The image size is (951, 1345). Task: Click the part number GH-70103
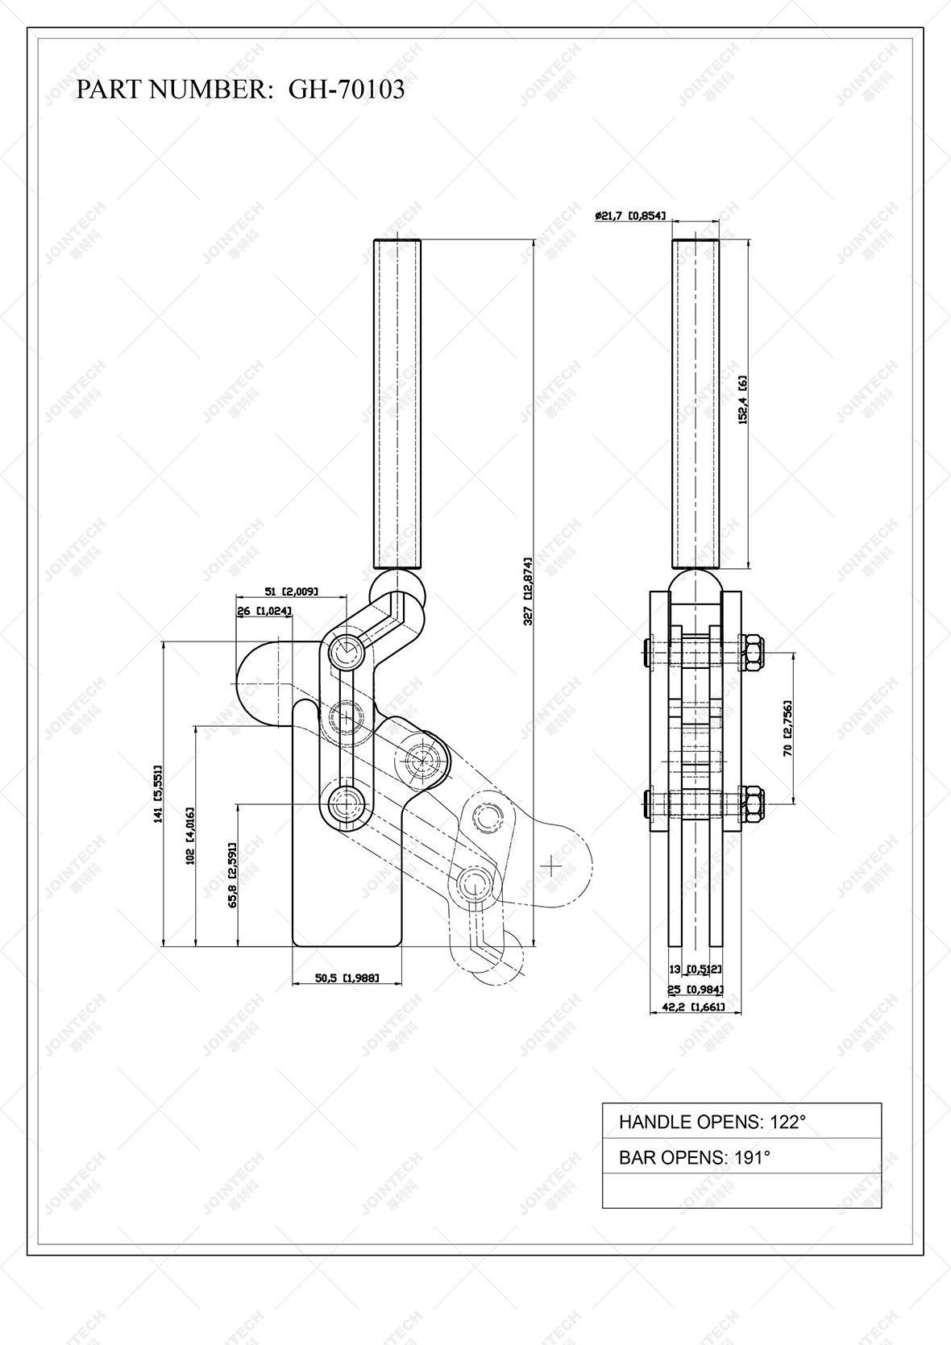pyautogui.click(x=347, y=89)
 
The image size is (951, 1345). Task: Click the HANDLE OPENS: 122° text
pyautogui.click(x=712, y=1122)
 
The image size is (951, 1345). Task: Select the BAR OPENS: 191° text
pyautogui.click(x=694, y=1158)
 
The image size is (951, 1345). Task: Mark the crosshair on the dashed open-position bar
pyautogui.click(x=552, y=866)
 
